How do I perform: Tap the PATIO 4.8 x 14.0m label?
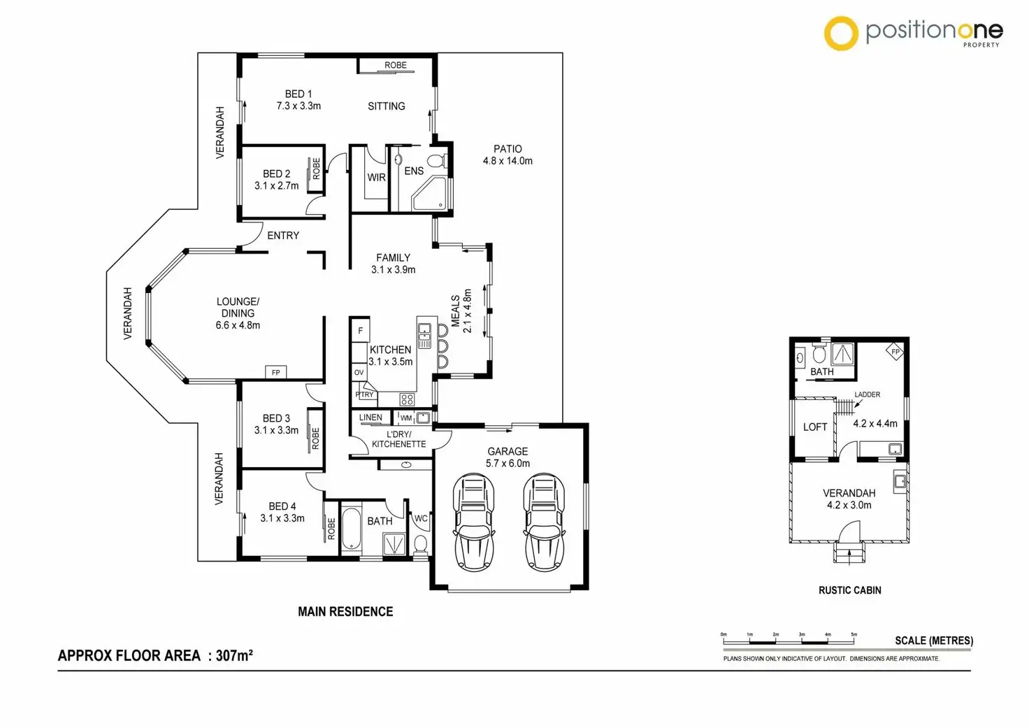click(508, 155)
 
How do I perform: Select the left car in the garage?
click(474, 522)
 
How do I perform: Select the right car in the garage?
click(544, 522)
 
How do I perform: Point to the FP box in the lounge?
click(275, 373)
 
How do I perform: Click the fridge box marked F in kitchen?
click(360, 330)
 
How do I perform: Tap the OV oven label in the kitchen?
click(359, 373)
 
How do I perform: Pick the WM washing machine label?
click(406, 418)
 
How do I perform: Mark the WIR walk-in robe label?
click(376, 178)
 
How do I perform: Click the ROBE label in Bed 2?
click(316, 169)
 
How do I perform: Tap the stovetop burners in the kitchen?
click(407, 399)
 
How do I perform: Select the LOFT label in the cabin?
click(815, 427)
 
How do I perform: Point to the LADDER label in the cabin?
click(867, 394)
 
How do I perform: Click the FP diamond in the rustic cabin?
click(895, 352)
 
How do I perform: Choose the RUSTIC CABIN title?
click(849, 590)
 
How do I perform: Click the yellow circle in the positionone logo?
click(841, 33)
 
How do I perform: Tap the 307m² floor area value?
click(234, 655)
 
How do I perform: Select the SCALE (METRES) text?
click(933, 641)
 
